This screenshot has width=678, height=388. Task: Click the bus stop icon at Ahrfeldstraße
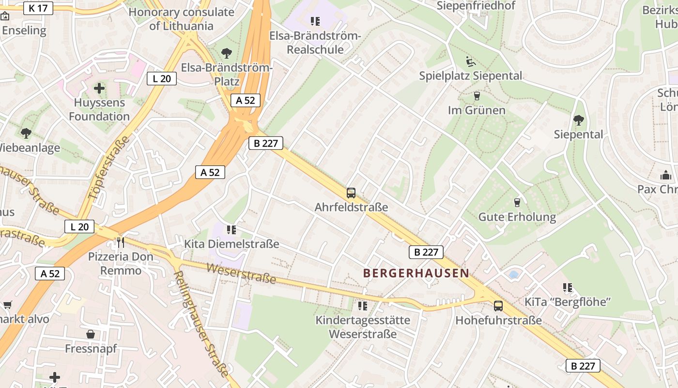point(351,193)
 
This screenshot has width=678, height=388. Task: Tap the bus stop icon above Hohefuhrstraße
point(498,306)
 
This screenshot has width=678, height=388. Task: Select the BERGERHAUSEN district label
point(416,273)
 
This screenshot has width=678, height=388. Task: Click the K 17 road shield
point(38,8)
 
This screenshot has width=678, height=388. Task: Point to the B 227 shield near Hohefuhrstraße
point(426,252)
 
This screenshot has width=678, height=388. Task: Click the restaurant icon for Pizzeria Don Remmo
point(121,242)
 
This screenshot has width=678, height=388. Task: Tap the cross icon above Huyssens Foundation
point(99,88)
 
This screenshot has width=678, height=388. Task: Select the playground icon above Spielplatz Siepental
point(470,62)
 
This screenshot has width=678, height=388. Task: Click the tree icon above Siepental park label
point(578,120)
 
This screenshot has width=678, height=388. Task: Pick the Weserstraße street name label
point(241,274)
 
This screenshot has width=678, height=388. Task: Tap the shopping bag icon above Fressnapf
point(91,334)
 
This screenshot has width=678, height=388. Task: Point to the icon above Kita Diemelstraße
point(231,229)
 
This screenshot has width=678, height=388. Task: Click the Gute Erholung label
point(517,217)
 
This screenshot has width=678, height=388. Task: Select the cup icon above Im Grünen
point(477,96)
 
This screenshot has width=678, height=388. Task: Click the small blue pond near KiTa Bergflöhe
point(513,275)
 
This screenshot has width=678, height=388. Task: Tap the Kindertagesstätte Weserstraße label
point(363,327)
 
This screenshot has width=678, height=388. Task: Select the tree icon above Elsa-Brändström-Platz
point(226,53)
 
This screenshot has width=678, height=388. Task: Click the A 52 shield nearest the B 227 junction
point(246,100)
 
